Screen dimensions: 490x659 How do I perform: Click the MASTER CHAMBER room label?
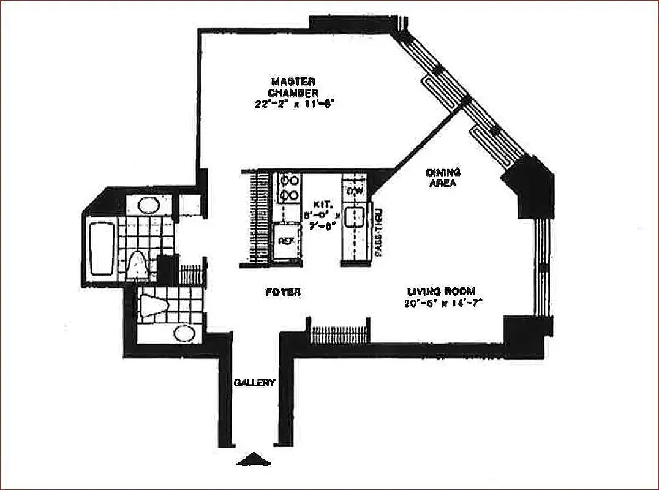pos(293,86)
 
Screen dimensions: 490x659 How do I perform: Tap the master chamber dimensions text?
pos(293,104)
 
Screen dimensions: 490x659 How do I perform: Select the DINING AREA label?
pos(443,178)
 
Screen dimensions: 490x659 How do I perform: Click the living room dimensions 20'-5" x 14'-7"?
pos(440,303)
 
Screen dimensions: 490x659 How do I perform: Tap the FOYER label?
pos(282,292)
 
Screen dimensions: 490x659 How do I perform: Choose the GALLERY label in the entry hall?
pos(254,382)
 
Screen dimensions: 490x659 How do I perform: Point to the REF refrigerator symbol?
pos(286,241)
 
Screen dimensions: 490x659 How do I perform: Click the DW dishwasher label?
pos(355,192)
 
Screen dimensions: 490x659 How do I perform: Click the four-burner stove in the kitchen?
pos(288,188)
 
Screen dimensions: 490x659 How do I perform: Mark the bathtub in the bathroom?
pos(102,249)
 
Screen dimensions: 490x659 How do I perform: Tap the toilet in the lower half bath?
pos(153,304)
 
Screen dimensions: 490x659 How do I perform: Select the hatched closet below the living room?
pos(339,335)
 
